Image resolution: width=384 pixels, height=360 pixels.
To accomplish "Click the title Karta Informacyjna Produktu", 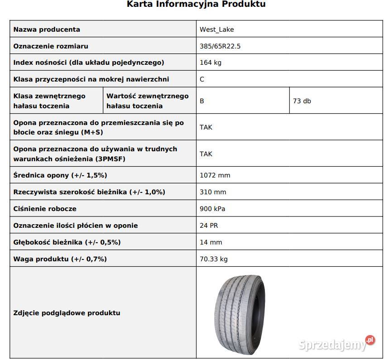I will (x=196, y=5).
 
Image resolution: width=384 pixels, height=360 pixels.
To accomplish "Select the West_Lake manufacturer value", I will (x=217, y=29).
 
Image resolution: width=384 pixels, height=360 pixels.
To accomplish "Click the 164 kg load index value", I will (x=211, y=62).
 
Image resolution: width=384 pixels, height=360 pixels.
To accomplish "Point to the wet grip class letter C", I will (x=202, y=79).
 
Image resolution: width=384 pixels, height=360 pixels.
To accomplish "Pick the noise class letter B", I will (x=202, y=101).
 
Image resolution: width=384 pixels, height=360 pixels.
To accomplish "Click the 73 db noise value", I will (x=302, y=101).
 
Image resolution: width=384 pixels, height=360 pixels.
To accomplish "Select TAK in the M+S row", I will (x=206, y=127).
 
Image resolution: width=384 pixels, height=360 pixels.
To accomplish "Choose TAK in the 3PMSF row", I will (x=206, y=154).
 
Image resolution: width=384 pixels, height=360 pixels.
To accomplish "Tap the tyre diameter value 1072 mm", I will (x=215, y=175).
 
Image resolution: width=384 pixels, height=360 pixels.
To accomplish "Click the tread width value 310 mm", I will (x=213, y=192).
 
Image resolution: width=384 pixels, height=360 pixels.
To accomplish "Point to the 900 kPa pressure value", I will (x=212, y=209).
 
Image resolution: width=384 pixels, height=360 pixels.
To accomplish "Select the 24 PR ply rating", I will (x=209, y=226).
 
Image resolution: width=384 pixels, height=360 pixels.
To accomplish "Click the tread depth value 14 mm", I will (x=211, y=242).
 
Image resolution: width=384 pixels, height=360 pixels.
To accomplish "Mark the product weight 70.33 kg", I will (x=214, y=259).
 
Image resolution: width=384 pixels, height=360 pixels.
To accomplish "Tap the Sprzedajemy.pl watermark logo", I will (x=337, y=344).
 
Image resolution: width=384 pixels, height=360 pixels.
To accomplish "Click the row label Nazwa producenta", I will (x=47, y=29).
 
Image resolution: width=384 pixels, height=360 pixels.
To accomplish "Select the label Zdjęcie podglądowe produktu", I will (x=67, y=313).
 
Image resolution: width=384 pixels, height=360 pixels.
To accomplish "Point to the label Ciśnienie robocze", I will (x=45, y=209).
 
